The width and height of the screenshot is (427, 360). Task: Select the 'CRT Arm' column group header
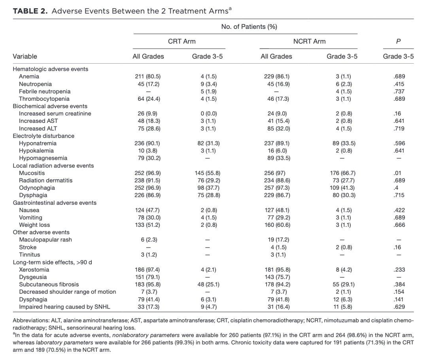(x=182, y=41)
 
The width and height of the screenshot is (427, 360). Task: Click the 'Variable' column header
(x=25, y=56)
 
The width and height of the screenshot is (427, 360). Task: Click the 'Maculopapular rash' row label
(x=45, y=240)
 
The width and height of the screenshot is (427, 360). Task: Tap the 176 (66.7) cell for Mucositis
(x=342, y=173)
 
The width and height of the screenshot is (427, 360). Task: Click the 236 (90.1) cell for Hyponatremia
(x=148, y=143)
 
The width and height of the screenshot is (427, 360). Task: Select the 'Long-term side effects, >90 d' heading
(x=52, y=262)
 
